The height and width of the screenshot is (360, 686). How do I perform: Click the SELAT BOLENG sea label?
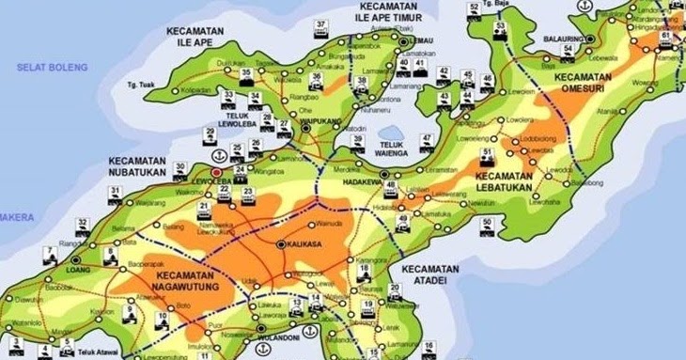point(53,68)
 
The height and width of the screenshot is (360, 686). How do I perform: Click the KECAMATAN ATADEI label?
point(429,274)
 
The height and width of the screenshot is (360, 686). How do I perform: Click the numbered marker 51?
point(486,151)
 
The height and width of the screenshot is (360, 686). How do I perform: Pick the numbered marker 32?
point(83,223)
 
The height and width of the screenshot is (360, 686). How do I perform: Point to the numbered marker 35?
point(246,72)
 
